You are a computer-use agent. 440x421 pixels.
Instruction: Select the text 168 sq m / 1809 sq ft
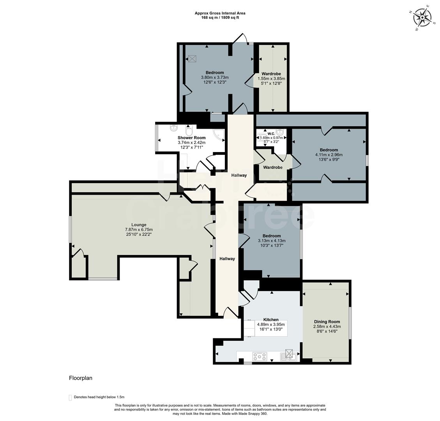220,18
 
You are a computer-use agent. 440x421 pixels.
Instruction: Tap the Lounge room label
139,225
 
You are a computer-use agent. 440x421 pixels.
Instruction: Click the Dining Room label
327,322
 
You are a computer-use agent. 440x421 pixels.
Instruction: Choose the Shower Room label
191,138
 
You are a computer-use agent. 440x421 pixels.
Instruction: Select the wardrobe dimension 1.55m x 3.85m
271,78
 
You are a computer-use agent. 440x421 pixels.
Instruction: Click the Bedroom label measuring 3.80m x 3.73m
215,73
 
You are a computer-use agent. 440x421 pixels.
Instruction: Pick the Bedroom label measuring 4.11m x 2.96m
329,150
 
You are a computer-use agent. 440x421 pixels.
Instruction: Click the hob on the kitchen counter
260,356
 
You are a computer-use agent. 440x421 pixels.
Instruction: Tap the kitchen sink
289,355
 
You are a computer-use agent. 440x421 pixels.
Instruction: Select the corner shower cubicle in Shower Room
219,135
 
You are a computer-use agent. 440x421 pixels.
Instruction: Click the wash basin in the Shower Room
173,129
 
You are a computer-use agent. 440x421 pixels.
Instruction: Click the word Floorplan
80,378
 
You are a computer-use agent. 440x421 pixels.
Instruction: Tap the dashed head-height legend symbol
70,397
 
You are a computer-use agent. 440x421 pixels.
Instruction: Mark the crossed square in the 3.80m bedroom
192,58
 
